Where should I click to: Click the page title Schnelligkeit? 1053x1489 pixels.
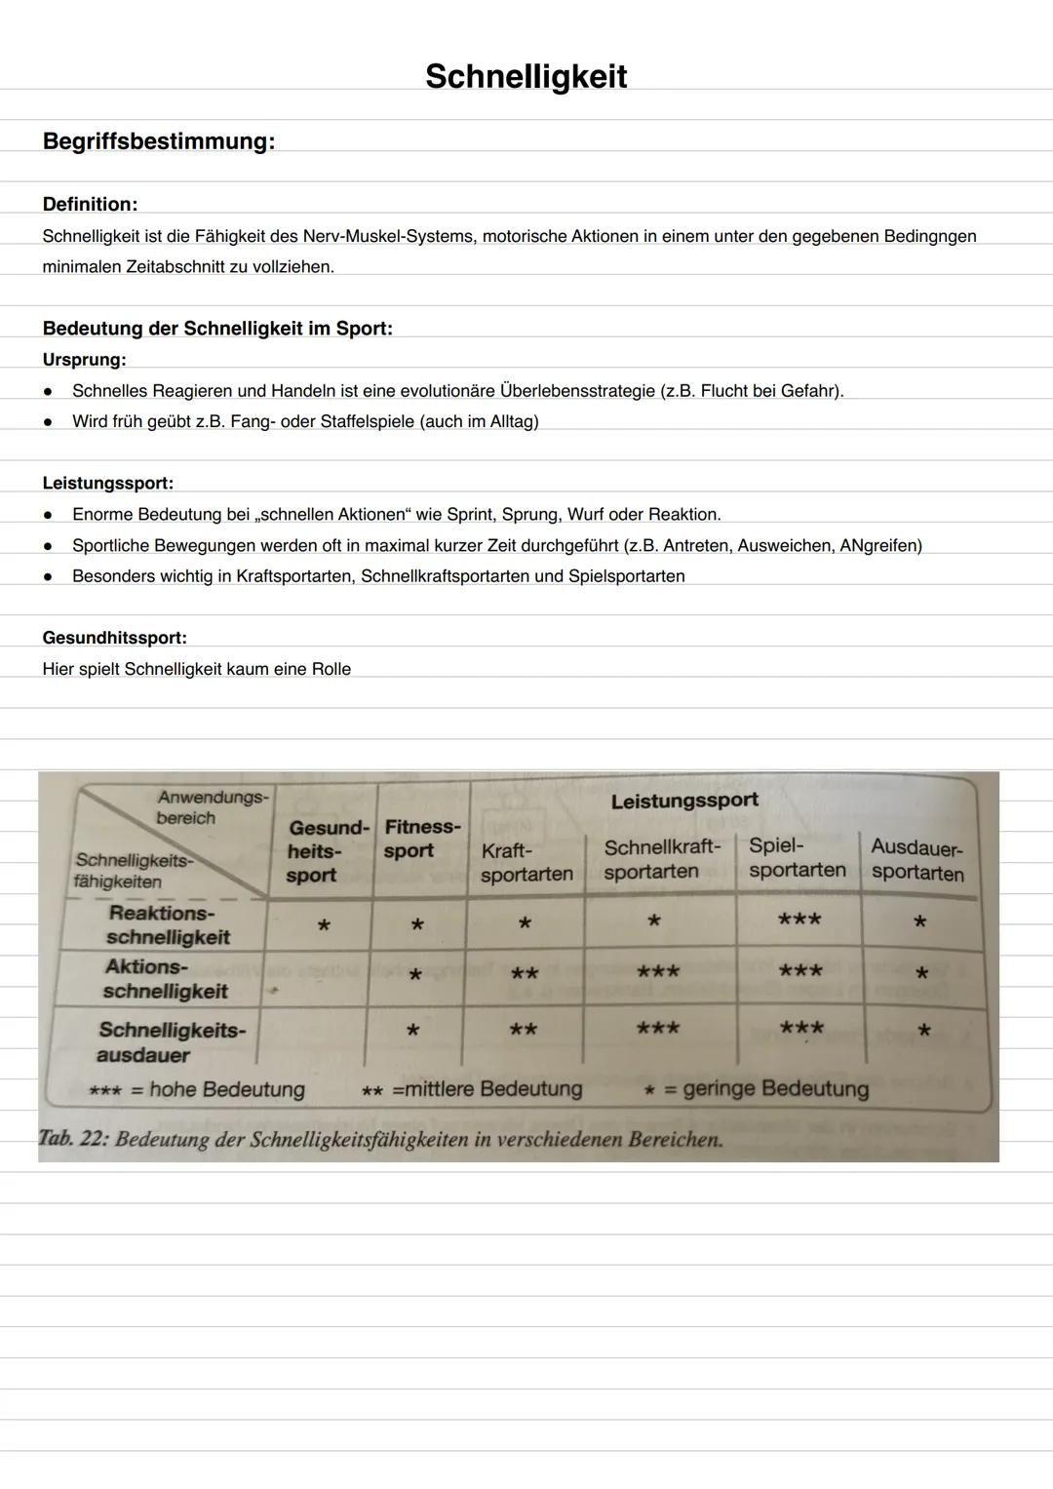pyautogui.click(x=526, y=76)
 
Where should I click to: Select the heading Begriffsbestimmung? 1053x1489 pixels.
pyautogui.click(x=158, y=141)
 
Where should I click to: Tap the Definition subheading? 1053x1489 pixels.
pyautogui.click(x=90, y=204)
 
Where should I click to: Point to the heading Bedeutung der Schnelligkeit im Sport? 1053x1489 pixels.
pyautogui.click(x=217, y=329)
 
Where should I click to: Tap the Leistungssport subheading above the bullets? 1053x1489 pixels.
pyautogui.click(x=107, y=483)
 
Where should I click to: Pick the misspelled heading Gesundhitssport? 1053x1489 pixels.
pyautogui.click(x=114, y=638)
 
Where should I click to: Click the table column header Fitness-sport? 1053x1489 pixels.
pyautogui.click(x=420, y=839)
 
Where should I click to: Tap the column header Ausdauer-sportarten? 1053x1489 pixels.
pyautogui.click(x=916, y=860)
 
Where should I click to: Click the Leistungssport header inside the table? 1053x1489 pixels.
pyautogui.click(x=683, y=801)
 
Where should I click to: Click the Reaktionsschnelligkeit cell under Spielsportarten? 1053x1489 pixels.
pyautogui.click(x=799, y=920)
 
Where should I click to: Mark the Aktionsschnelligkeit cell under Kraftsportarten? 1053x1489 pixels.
pyautogui.click(x=524, y=974)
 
